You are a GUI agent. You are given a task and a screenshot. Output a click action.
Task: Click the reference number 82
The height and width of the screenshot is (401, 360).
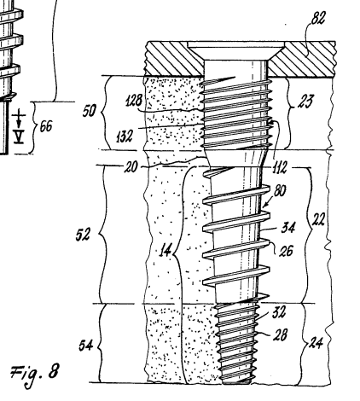pyautogui.click(x=318, y=18)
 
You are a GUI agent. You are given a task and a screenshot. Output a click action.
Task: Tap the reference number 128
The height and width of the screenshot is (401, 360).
pyautogui.click(x=134, y=101)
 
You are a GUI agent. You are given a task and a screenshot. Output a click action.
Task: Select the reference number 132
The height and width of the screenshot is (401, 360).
pyautogui.click(x=125, y=137)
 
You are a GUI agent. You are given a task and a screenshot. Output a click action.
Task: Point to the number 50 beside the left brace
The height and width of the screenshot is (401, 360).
pyautogui.click(x=90, y=110)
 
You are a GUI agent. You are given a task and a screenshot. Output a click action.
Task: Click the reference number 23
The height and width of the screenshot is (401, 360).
pyautogui.click(x=305, y=102)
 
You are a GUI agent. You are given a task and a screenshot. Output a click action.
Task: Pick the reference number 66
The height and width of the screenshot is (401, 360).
pyautogui.click(x=46, y=126)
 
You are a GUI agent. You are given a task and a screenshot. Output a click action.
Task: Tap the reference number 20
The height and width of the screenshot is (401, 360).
pyautogui.click(x=131, y=166)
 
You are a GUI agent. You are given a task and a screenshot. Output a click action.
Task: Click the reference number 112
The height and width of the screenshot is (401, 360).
pyautogui.click(x=279, y=167)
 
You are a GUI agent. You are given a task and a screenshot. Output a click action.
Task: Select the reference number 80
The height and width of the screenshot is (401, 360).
pyautogui.click(x=280, y=190)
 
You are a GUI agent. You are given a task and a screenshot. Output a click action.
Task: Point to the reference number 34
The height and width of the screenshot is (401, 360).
pyautogui.click(x=288, y=228)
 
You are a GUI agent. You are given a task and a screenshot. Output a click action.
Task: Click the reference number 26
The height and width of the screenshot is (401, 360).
pyautogui.click(x=286, y=251)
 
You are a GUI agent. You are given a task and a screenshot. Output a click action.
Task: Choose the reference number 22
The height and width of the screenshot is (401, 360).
pyautogui.click(x=318, y=219)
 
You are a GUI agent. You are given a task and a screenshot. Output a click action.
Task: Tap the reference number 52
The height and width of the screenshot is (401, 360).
pyautogui.click(x=83, y=235)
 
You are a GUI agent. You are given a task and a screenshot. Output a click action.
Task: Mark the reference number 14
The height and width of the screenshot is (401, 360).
pyautogui.click(x=165, y=251)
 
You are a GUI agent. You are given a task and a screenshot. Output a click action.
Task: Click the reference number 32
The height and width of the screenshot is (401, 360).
pyautogui.click(x=279, y=312)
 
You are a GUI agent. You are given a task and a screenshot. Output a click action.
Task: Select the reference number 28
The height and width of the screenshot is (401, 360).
pyautogui.click(x=280, y=334)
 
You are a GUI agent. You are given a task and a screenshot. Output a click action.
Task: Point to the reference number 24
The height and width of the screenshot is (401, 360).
pyautogui.click(x=316, y=343)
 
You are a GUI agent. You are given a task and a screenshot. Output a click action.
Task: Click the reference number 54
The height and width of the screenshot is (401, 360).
pyautogui.click(x=86, y=346)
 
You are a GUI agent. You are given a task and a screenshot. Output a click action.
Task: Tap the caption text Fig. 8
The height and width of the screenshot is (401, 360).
pyautogui.click(x=35, y=373)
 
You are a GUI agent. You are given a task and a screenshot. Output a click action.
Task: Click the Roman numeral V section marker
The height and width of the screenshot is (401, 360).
pyautogui.click(x=19, y=138)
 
